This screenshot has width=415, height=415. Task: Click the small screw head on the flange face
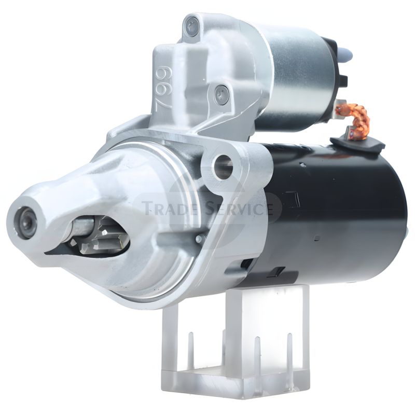[x=199, y=239]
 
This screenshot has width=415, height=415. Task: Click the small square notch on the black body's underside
[x=279, y=271]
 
